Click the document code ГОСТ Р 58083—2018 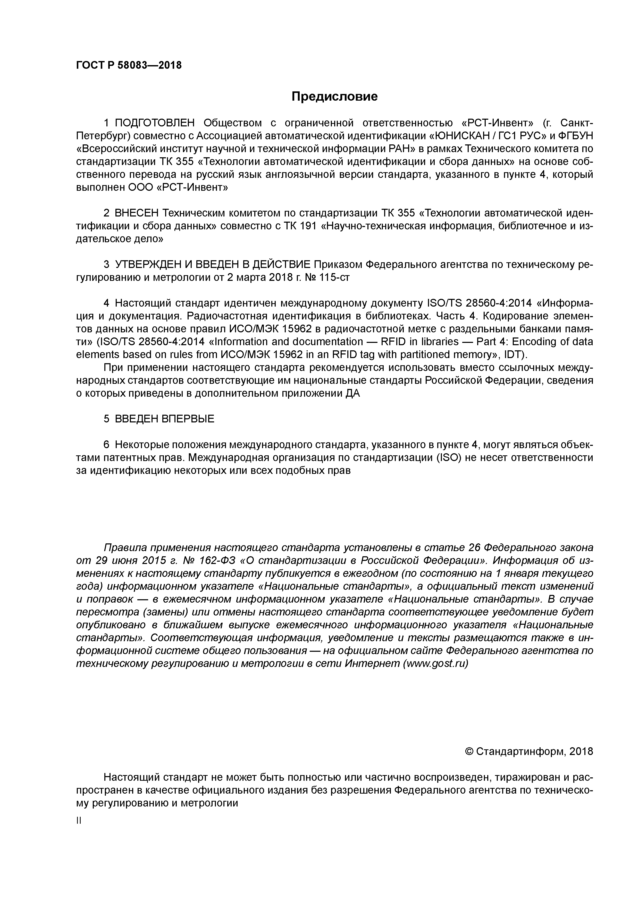129,65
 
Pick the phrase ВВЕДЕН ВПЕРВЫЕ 165,419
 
